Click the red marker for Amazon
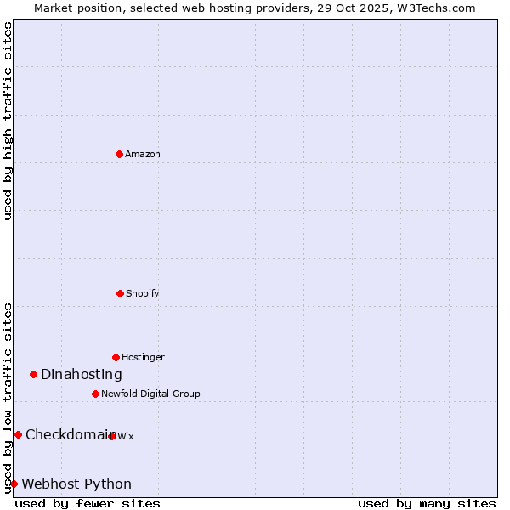[x=119, y=154]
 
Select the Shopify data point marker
[x=120, y=293]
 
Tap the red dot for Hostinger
[x=116, y=357]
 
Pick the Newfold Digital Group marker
[x=95, y=394]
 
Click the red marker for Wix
[x=111, y=436]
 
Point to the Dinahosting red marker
[x=33, y=374]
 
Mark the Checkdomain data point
[x=18, y=434]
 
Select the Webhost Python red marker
[x=14, y=484]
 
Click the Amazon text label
[x=143, y=155]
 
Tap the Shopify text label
[x=143, y=294]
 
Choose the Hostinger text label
[x=143, y=358]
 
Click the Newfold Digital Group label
[x=150, y=394]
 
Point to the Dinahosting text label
[x=82, y=375]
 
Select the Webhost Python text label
[x=76, y=484]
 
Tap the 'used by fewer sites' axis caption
[x=88, y=504]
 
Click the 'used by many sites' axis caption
[x=427, y=504]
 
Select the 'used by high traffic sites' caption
[x=8, y=121]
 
